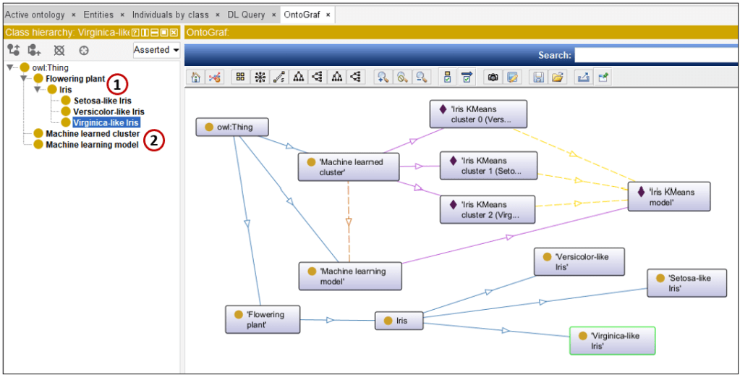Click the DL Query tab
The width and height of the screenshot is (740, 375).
(247, 14)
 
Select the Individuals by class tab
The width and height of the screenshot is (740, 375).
(171, 14)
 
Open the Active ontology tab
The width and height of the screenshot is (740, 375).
(35, 14)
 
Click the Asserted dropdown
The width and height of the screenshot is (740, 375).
(157, 50)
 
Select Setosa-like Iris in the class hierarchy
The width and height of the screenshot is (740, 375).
(103, 101)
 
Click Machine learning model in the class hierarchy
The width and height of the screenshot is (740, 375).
(92, 145)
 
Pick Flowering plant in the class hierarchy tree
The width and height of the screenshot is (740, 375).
(75, 78)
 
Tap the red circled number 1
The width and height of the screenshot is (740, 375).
(117, 84)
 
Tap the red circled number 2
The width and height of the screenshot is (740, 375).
(154, 140)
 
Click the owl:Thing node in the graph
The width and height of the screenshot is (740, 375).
(232, 127)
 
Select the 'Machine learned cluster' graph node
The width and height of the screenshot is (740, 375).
(349, 167)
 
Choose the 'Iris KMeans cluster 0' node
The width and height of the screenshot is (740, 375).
(478, 114)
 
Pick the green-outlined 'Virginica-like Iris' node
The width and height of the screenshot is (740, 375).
(613, 340)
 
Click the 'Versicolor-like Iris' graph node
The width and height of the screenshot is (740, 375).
(579, 261)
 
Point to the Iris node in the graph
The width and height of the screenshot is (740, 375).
(399, 321)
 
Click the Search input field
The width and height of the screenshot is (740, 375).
(656, 55)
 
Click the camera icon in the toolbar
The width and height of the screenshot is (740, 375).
(493, 77)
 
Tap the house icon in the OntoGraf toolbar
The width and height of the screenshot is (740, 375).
(195, 77)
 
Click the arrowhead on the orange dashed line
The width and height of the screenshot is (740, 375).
(349, 222)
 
